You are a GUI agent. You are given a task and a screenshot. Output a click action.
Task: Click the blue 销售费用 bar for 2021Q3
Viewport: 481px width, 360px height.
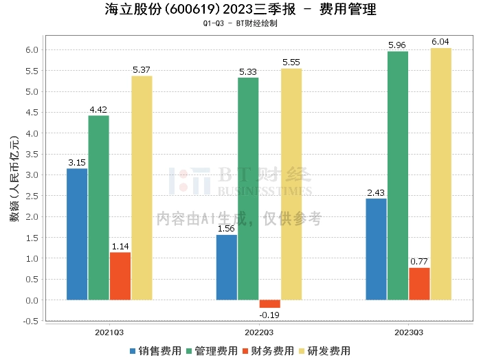(x=77, y=234)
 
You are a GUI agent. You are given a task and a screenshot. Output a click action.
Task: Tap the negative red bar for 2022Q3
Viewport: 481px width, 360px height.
(x=270, y=304)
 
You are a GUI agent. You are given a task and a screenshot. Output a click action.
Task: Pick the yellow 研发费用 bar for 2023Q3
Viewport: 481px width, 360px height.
(x=441, y=174)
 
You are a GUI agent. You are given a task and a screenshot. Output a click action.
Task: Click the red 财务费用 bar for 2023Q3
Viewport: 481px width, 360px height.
(x=419, y=284)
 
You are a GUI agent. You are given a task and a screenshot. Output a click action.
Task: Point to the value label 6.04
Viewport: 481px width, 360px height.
(x=441, y=42)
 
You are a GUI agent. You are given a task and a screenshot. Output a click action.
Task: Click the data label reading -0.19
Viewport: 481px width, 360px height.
(x=270, y=315)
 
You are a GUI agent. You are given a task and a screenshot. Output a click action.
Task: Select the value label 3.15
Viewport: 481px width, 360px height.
(x=77, y=163)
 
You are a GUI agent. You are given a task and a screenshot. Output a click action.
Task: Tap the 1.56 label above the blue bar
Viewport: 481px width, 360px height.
(x=227, y=229)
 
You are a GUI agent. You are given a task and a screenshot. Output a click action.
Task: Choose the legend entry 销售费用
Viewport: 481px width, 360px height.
(x=155, y=350)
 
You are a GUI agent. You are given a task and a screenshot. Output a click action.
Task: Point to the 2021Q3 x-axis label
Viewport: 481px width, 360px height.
(x=109, y=332)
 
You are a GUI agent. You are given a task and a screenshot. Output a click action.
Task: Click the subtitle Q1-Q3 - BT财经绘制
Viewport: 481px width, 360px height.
(x=240, y=23)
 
